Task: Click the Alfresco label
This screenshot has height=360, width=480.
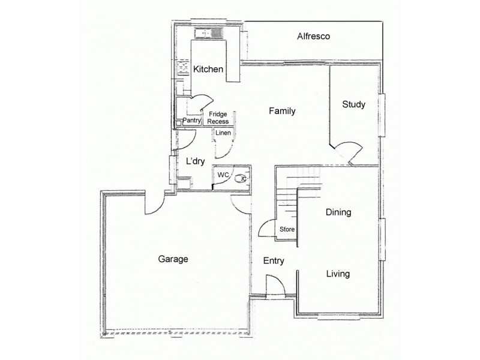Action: [x=314, y=37]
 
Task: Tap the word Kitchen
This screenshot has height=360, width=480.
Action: [x=208, y=70]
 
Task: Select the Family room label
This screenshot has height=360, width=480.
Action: [x=282, y=111]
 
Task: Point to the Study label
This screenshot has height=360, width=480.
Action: [x=353, y=104]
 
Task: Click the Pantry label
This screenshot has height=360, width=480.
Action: [x=191, y=121]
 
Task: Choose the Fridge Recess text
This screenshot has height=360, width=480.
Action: [x=218, y=118]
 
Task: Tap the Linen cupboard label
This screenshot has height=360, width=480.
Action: [x=223, y=133]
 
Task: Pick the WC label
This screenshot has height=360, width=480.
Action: [x=223, y=175]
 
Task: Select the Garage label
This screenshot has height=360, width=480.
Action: [x=173, y=259]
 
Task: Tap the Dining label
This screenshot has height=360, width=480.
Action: [x=338, y=212]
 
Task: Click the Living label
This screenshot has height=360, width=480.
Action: [x=338, y=274]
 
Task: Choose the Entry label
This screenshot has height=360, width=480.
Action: [x=274, y=261]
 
